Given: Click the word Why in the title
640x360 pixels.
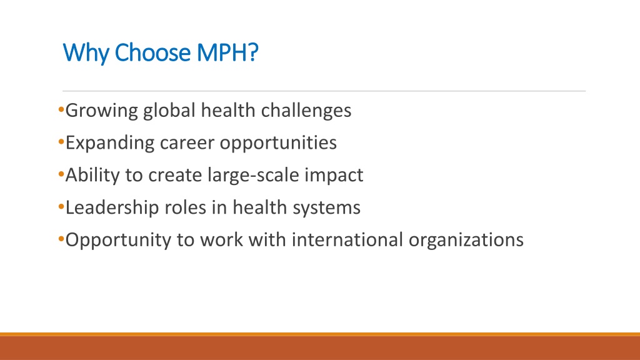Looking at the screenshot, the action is point(86,52).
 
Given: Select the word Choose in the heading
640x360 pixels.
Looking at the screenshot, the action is point(152,52).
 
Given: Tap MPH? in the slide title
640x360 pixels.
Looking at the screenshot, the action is point(227,52).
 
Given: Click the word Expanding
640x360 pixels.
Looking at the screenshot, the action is point(110,143).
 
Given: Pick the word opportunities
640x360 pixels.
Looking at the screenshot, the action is point(278,143).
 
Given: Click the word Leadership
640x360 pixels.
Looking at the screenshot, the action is point(112,207).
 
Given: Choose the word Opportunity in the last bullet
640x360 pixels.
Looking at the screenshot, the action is point(118,240).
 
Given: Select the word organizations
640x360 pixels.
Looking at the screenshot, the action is point(466,240).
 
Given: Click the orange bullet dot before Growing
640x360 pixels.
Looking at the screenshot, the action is point(61,109).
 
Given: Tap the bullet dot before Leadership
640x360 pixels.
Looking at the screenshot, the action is point(61,206).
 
